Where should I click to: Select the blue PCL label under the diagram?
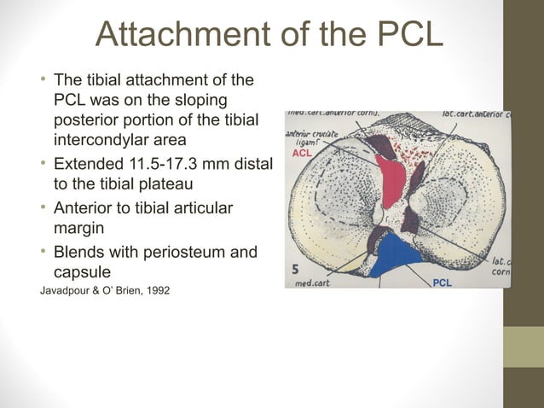(443, 283)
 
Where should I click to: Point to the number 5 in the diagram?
(295, 267)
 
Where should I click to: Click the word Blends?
(81, 254)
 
